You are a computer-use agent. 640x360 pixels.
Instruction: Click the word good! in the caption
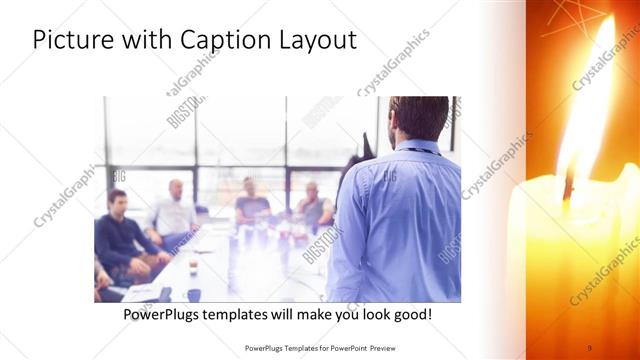(411, 314)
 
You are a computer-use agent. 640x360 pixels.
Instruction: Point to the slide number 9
(589, 347)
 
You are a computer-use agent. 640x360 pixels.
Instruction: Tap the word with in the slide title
(145, 41)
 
